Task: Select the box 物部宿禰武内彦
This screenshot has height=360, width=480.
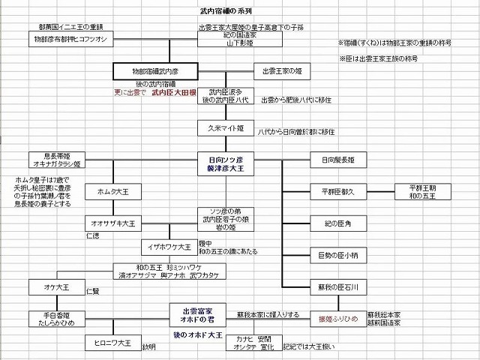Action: (155, 72)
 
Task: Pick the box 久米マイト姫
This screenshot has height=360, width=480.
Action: (226, 128)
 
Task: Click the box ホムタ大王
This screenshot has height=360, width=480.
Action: (109, 192)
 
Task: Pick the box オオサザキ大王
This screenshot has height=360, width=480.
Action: (109, 223)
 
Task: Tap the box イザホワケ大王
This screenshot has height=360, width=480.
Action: (166, 246)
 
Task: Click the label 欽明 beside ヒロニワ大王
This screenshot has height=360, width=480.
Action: (148, 346)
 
